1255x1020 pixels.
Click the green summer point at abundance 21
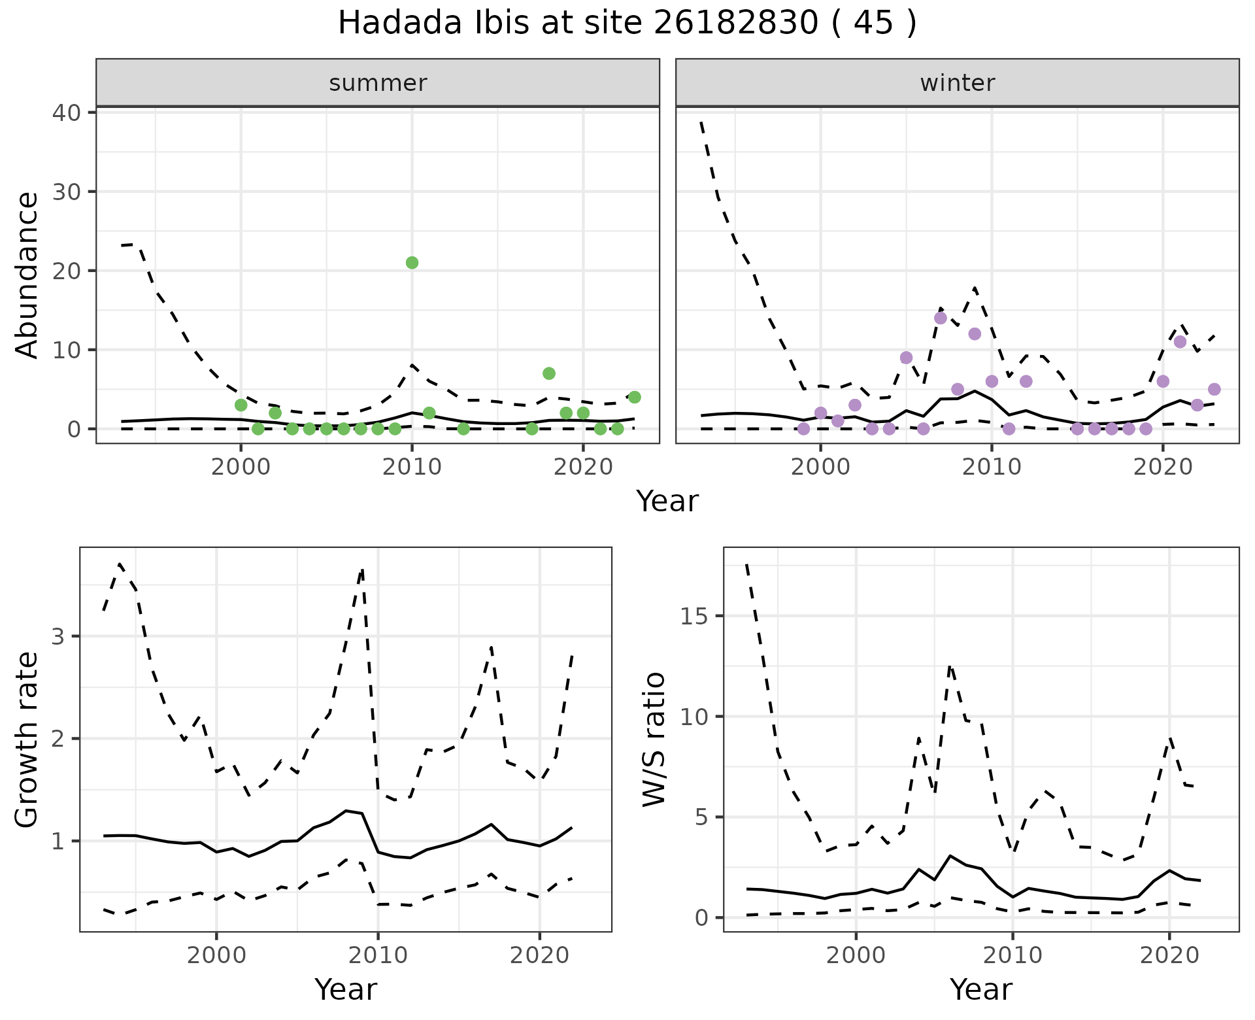pos(412,263)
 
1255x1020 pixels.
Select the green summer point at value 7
pos(549,373)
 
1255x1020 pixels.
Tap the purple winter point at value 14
pos(941,318)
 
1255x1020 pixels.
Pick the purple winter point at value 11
pos(1180,342)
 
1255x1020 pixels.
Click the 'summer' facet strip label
pos(378,83)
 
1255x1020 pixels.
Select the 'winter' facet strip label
pos(958,83)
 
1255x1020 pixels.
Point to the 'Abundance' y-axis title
pos(27,275)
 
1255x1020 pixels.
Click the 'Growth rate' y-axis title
pos(27,739)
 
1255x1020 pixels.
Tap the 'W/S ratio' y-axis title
pos(654,739)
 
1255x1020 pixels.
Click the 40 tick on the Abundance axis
pos(65,113)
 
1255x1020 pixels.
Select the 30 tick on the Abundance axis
pos(65,192)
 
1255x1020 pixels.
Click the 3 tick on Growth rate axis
pos(58,637)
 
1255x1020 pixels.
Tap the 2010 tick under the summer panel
pos(412,467)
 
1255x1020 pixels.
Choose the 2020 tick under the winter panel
pos(1163,467)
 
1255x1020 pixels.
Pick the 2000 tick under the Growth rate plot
pos(216,955)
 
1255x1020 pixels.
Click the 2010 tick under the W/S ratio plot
pos(1012,955)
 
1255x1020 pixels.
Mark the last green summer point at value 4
pos(634,398)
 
